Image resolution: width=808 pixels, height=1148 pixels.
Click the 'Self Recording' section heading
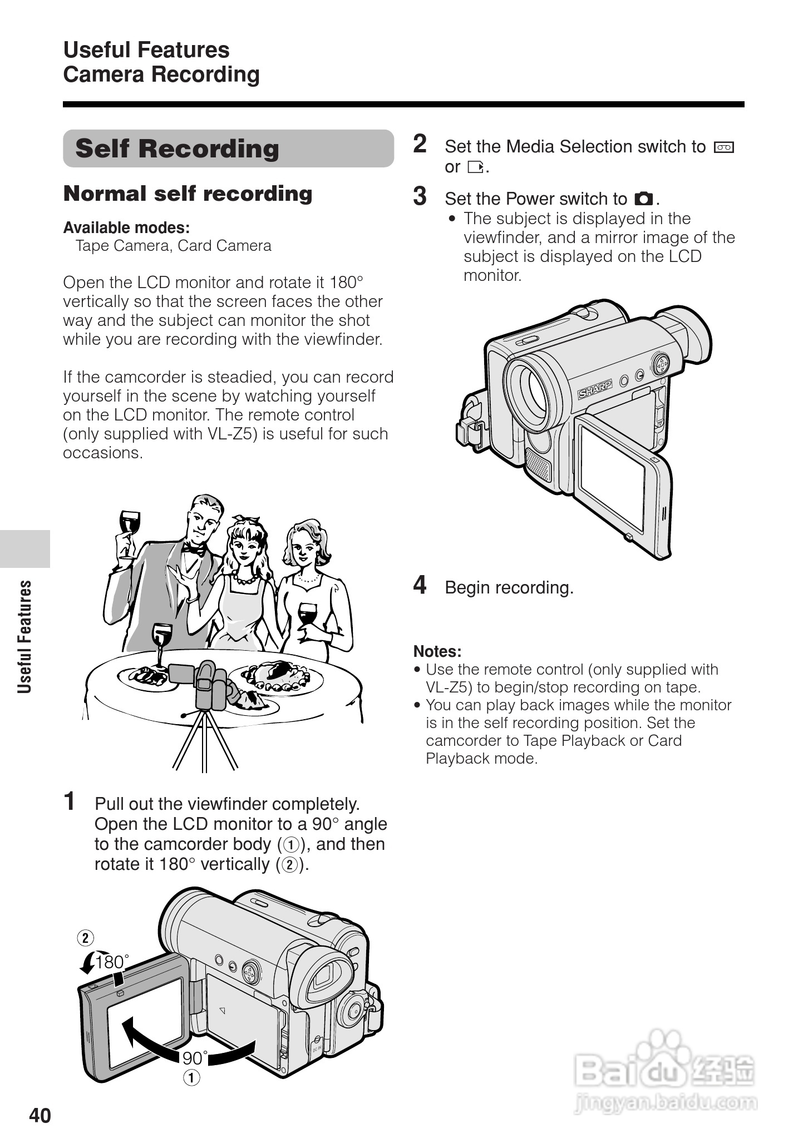tap(177, 149)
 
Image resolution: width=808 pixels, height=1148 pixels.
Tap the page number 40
tap(40, 1115)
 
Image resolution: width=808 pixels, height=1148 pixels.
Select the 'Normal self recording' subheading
tap(188, 194)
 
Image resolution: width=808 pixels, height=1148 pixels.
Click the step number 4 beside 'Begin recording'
tap(420, 585)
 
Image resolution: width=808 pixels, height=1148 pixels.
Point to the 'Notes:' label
tap(437, 651)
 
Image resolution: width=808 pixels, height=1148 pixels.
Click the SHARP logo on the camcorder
tap(595, 389)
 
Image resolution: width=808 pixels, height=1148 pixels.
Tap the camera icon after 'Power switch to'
tap(644, 199)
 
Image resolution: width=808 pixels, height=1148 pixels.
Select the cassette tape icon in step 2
tap(724, 147)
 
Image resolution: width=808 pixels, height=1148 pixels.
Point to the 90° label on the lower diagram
tap(195, 1058)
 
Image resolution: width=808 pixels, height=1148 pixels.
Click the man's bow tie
tap(194, 550)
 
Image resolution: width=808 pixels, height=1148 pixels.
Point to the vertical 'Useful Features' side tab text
tap(24, 637)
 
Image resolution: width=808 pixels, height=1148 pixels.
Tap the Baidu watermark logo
tap(665, 1071)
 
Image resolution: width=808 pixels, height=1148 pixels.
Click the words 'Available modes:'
tap(126, 227)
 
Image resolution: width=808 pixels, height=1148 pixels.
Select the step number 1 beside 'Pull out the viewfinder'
tap(70, 801)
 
